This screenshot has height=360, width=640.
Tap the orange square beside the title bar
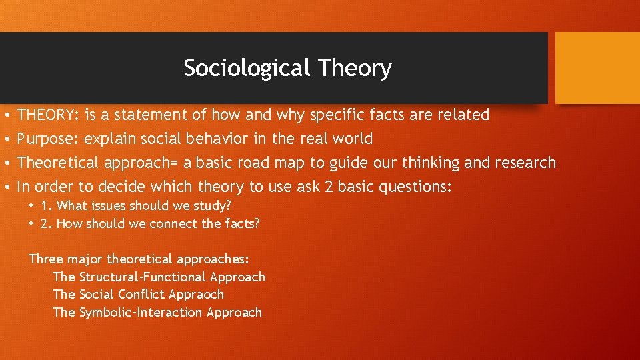coord(597,68)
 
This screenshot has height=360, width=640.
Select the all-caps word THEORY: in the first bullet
coord(49,115)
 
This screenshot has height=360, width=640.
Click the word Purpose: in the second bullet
coord(48,139)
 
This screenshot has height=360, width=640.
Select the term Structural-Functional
coord(142,277)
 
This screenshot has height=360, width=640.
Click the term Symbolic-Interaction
coord(141,312)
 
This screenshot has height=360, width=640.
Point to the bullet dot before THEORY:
coord(5,115)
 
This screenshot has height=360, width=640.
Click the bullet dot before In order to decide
coord(5,187)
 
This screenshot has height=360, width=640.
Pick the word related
coord(463,115)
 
